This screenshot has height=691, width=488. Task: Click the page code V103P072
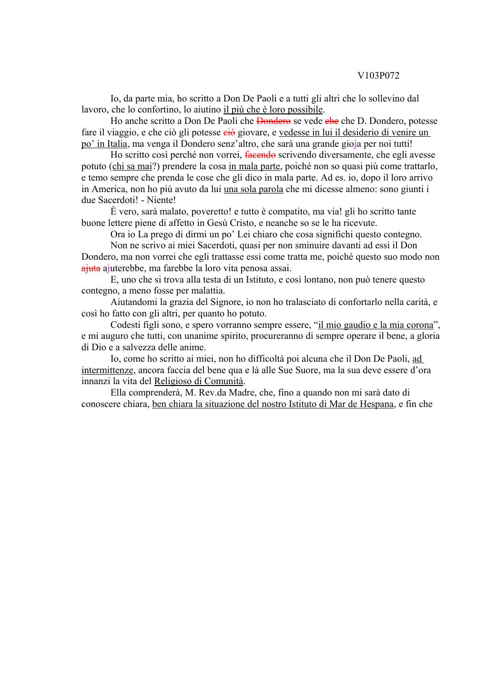[378, 76]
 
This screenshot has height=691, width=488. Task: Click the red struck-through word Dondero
[273, 121]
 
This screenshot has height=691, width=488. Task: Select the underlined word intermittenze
[107, 370]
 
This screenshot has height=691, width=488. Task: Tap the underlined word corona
[419, 325]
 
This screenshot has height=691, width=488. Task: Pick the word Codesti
[125, 325]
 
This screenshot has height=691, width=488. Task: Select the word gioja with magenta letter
[351, 144]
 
